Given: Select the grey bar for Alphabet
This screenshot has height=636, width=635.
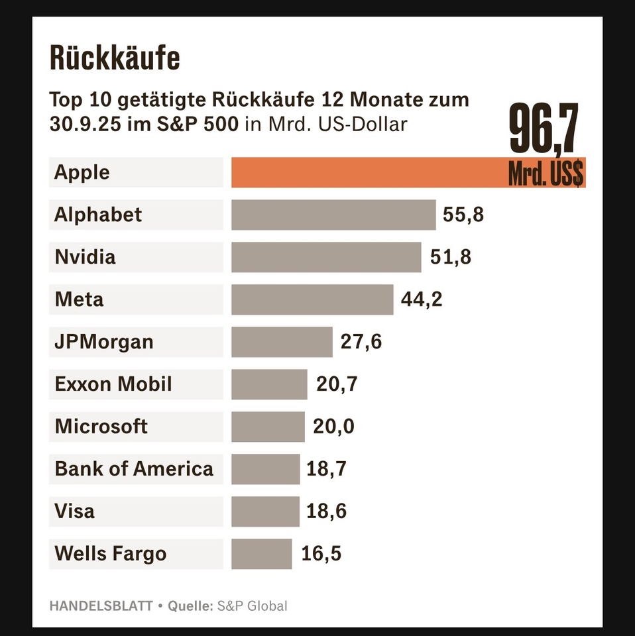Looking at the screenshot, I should [x=333, y=215].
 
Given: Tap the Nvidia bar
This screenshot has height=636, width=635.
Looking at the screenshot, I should [x=326, y=257].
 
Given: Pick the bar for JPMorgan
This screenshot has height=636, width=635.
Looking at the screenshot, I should [x=282, y=342].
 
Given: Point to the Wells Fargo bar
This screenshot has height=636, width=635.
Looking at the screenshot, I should [x=261, y=554].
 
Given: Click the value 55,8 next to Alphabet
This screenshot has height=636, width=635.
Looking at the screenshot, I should [x=463, y=215].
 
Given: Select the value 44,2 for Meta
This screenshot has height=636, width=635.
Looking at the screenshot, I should [x=422, y=299].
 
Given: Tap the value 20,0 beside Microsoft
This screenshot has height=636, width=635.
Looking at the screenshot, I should [x=333, y=427].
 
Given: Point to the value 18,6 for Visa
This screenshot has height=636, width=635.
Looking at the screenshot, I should [x=326, y=511].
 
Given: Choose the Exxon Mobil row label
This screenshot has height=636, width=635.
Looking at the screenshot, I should [x=113, y=384].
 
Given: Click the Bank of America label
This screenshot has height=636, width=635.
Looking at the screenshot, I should [x=134, y=469].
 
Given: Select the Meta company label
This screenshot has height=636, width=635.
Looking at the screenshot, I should [x=79, y=299].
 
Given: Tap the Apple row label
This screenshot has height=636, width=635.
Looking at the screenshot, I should [x=82, y=172].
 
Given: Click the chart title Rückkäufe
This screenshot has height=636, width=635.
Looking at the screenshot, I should [x=115, y=59].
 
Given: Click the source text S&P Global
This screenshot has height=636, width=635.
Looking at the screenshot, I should [x=253, y=606].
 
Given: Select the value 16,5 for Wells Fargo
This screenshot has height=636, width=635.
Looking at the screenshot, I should [x=321, y=554].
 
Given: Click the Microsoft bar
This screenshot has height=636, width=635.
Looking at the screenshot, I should [x=268, y=427].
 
